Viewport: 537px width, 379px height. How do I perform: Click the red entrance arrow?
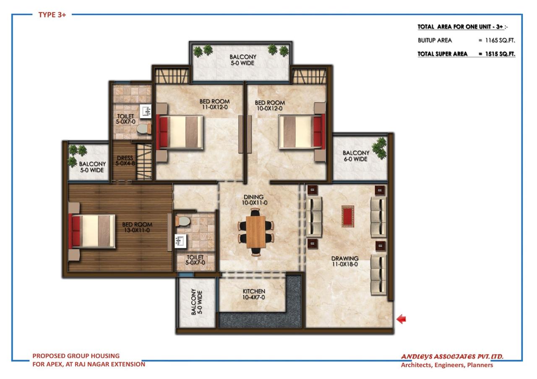click(401, 319)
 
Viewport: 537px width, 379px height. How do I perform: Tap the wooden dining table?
click(255, 232)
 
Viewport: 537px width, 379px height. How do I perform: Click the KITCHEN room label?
click(254, 294)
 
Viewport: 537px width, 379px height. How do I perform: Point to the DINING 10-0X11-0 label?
click(253, 200)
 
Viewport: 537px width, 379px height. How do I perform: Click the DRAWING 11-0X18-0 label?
click(344, 261)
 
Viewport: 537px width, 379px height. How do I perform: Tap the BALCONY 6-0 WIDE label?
click(356, 156)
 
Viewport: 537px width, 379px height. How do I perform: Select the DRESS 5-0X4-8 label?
click(125, 161)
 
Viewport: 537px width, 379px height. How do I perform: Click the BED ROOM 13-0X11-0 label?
click(137, 227)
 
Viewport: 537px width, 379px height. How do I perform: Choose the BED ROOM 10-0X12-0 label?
click(269, 105)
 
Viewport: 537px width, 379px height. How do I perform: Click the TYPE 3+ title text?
click(52, 15)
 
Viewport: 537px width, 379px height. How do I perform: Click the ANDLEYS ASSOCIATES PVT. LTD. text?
click(452, 357)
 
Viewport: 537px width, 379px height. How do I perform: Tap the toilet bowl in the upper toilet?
click(144, 129)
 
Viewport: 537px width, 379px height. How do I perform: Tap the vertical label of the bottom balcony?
click(197, 303)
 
